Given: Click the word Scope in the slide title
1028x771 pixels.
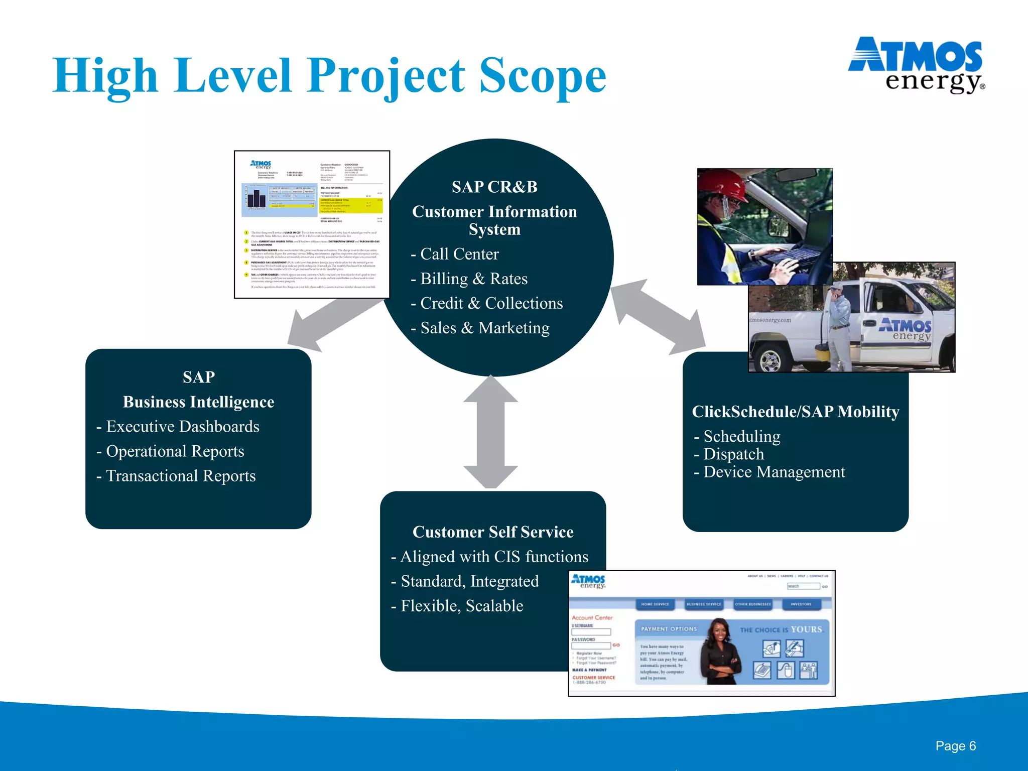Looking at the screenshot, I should tap(542, 76).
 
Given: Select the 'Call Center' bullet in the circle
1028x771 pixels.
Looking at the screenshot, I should tap(459, 254).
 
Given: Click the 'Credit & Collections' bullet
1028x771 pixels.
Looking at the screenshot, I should tap(491, 303).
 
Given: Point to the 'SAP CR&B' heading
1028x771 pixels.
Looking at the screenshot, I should tap(494, 187).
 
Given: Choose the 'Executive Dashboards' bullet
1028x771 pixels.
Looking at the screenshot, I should tap(182, 427).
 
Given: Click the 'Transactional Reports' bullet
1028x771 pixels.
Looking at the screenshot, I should tap(181, 476).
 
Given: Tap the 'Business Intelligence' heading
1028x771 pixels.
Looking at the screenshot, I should tap(198, 402).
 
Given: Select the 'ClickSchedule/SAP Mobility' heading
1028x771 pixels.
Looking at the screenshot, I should tap(796, 412).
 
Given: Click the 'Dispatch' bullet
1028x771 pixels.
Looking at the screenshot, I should tap(733, 454).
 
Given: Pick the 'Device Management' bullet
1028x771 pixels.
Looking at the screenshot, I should tap(774, 472).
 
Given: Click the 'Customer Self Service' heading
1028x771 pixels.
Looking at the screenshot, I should tap(493, 532).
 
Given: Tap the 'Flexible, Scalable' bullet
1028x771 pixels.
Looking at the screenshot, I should tap(462, 606).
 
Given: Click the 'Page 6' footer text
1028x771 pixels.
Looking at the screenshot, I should tap(955, 746).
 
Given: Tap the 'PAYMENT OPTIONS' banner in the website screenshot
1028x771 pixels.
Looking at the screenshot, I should tap(669, 629).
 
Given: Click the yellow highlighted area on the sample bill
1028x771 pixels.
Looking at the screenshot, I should tap(351, 205).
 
